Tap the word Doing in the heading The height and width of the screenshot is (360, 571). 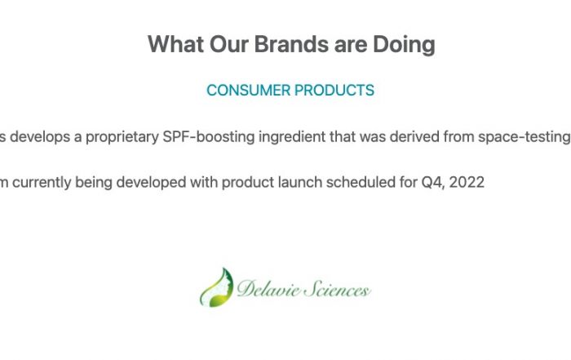(x=404, y=45)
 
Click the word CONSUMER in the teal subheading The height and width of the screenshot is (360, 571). (x=248, y=91)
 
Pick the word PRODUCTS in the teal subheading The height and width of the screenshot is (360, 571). (x=334, y=91)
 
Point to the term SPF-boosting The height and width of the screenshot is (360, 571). (x=208, y=137)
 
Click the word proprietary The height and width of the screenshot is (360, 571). (x=122, y=137)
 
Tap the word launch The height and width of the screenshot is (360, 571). (x=300, y=182)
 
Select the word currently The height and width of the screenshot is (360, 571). (x=42, y=183)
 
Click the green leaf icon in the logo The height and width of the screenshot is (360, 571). (x=216, y=288)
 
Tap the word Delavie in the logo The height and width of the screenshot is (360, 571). (x=268, y=289)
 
